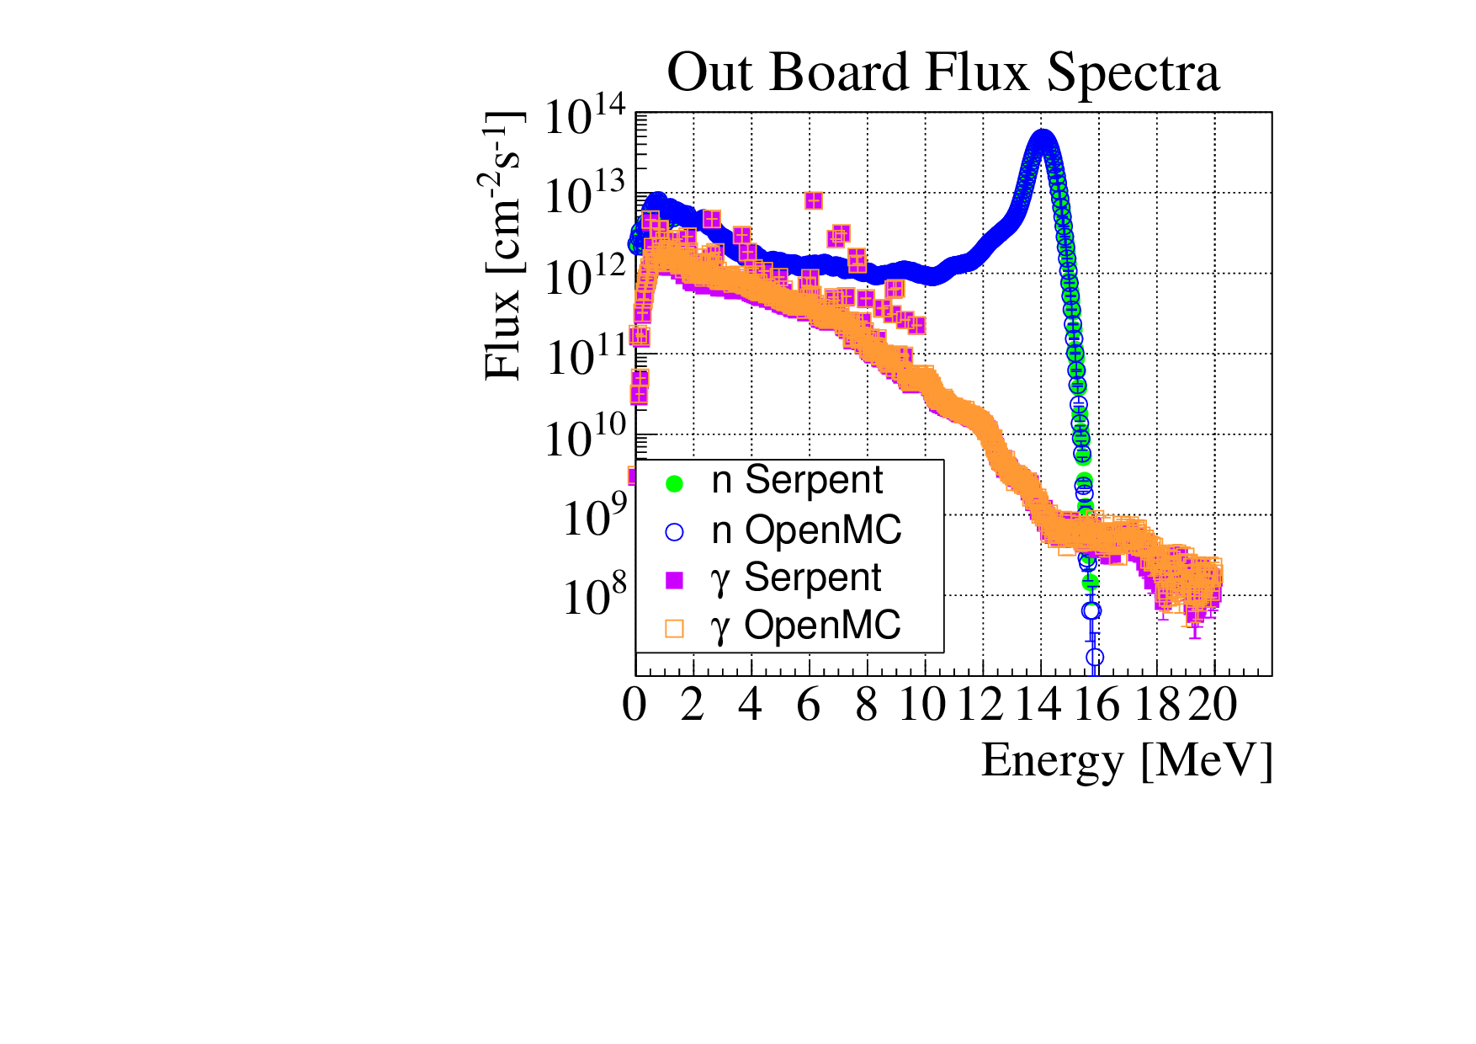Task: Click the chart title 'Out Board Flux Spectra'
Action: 942,72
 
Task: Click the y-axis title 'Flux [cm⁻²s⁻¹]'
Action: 503,246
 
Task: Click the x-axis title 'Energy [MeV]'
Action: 1126,760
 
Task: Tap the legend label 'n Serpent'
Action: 796,480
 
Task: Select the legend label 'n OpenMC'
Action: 805,530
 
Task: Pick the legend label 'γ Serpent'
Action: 795,578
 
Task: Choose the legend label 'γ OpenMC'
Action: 805,626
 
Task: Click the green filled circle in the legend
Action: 674,483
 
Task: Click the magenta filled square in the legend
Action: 674,580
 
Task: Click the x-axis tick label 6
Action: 809,705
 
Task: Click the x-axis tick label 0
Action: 635,705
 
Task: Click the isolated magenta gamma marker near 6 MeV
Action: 813,200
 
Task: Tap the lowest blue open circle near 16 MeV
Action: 1095,657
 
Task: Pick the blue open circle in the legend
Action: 674,532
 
